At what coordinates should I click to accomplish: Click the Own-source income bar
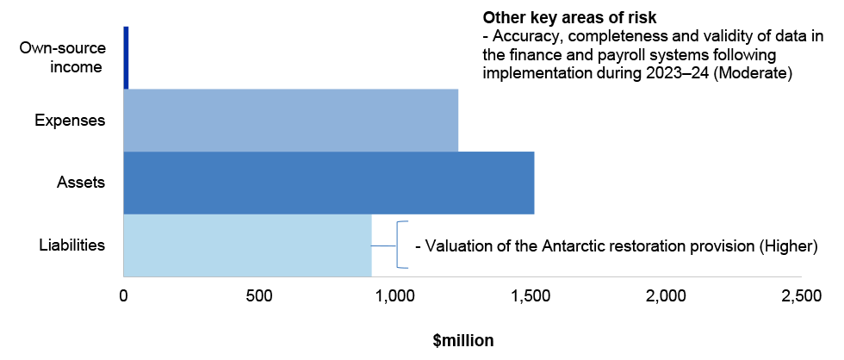(126, 58)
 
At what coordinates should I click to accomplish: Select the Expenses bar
(291, 120)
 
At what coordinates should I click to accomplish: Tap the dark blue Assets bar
(329, 183)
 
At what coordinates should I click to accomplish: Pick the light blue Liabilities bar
(248, 245)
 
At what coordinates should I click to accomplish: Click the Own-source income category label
(62, 58)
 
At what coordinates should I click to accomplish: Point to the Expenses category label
(70, 120)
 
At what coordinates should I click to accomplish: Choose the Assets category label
(81, 183)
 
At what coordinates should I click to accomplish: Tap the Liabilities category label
(72, 245)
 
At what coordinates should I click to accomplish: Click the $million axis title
(462, 341)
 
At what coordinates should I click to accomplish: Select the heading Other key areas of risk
(570, 18)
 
